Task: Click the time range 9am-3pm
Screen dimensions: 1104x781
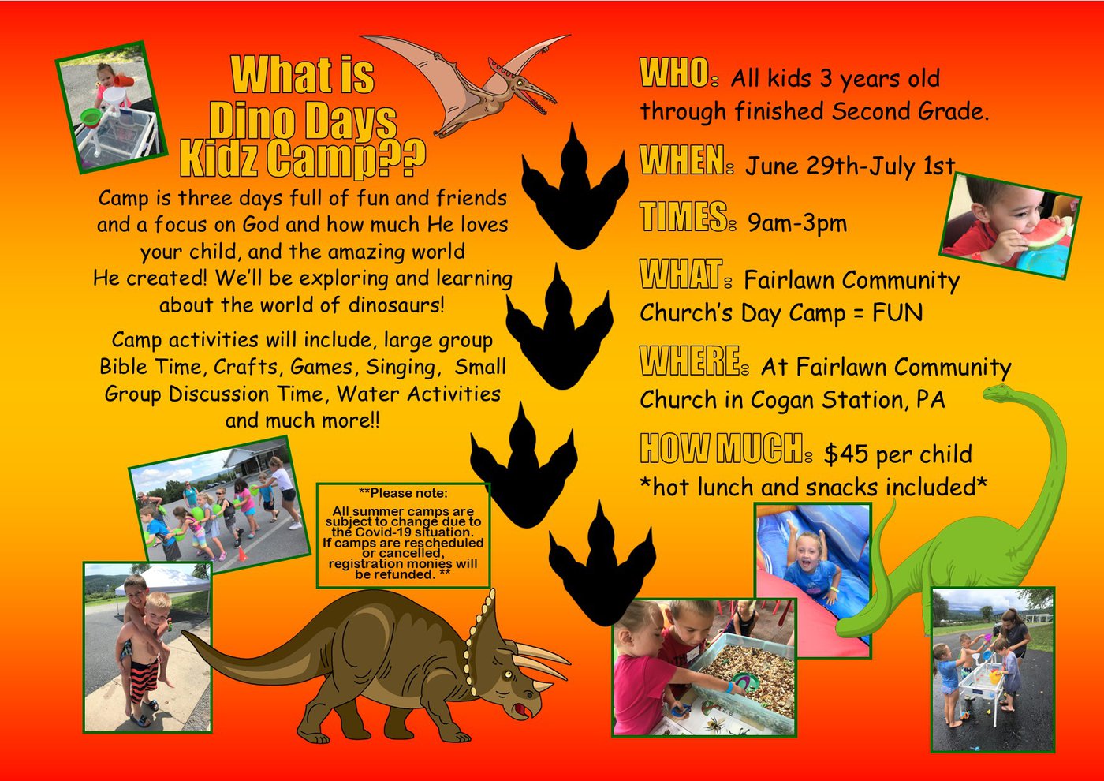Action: pyautogui.click(x=797, y=222)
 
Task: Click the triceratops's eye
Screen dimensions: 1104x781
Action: pyautogui.click(x=509, y=674)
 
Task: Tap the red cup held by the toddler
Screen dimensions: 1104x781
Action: pyautogui.click(x=123, y=80)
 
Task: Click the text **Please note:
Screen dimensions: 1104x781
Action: pyautogui.click(x=403, y=492)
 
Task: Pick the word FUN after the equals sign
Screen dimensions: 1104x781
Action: pyautogui.click(x=897, y=312)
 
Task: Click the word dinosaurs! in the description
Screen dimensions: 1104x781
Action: pyautogui.click(x=396, y=305)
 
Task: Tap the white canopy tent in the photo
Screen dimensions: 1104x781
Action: pyautogui.click(x=162, y=580)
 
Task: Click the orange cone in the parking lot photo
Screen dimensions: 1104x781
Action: pyautogui.click(x=242, y=554)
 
